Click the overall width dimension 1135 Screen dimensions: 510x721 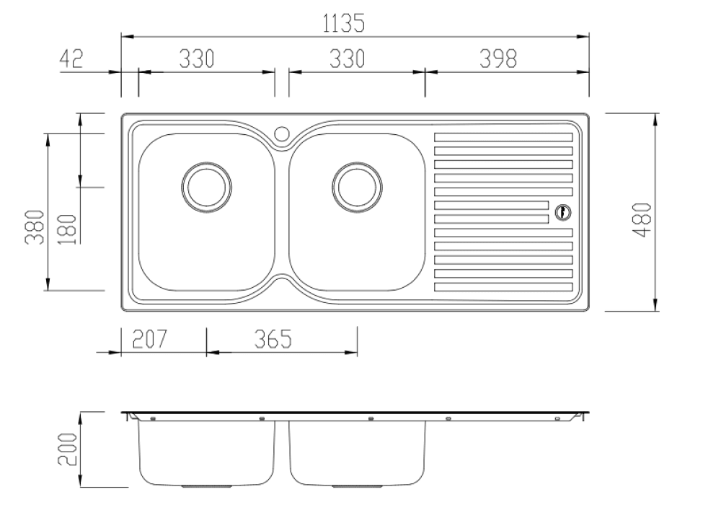343,23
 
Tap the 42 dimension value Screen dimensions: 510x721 71,59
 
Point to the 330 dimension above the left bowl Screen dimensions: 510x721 197,59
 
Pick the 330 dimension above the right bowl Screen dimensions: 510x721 348,59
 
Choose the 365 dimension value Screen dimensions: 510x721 274,339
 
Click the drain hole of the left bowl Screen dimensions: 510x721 206,186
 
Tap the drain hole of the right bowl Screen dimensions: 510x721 355,186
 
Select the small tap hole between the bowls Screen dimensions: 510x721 282,133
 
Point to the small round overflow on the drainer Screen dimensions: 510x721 562,212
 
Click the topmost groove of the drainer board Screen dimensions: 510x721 503,137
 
